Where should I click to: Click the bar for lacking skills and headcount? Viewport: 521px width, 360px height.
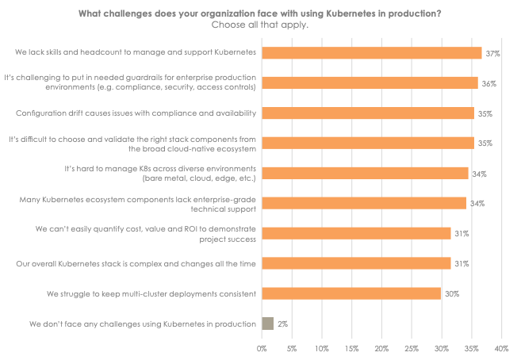371,52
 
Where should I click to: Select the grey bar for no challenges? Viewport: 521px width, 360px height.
267,324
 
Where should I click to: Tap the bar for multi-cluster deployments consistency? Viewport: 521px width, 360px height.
351,293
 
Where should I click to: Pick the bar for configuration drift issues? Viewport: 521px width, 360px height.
368,113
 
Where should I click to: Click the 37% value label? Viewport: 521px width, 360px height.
492,53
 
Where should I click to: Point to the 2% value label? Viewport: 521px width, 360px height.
282,324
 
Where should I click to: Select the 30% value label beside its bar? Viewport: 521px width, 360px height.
451,294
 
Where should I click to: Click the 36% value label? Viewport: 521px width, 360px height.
488,83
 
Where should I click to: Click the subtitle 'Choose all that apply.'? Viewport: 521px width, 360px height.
260,25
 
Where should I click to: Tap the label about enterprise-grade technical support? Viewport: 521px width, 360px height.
137,203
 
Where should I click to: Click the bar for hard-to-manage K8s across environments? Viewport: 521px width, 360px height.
365,173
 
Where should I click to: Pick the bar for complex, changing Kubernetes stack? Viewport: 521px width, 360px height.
356,263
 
